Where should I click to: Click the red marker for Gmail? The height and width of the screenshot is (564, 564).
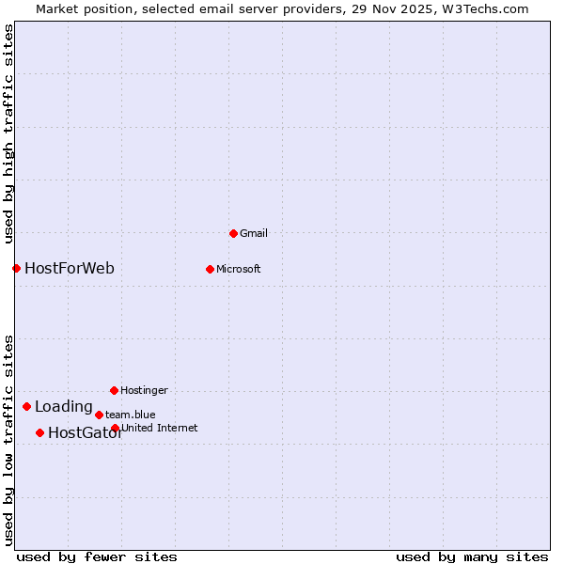pos(233,233)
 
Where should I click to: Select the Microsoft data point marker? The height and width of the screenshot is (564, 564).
pos(210,269)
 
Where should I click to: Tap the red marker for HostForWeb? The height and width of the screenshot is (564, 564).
pos(16,268)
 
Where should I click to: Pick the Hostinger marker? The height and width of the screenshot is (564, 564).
pos(114,390)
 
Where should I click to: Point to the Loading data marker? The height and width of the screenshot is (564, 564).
pos(26,407)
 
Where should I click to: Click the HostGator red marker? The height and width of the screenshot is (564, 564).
pos(39,433)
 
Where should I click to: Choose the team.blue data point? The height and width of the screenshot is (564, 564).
pos(99,415)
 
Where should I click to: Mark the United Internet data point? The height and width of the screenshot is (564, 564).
pos(115,429)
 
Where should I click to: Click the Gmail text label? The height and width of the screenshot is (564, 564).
pos(254,233)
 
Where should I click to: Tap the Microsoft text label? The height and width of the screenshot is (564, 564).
pos(239,269)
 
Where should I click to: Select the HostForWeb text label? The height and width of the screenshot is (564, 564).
pos(70,269)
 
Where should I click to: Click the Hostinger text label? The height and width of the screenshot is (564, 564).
pos(144,390)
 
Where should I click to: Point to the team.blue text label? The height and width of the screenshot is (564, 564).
pos(131,415)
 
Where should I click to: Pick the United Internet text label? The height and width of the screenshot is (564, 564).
pos(160,429)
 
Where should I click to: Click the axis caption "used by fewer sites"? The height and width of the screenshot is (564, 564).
pos(97,556)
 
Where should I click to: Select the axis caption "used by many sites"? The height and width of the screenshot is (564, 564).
pos(472,556)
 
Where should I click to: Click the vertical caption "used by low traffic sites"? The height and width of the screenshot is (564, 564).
pos(8,439)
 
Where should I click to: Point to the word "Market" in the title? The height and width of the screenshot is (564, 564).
pos(58,8)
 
